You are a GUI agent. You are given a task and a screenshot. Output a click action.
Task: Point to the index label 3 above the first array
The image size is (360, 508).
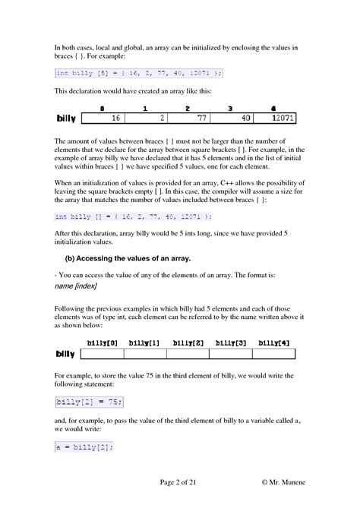click(x=230, y=109)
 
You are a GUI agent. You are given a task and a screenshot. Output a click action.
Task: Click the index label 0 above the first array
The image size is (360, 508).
click(x=101, y=109)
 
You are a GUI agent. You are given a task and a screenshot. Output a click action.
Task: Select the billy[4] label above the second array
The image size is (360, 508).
click(x=274, y=343)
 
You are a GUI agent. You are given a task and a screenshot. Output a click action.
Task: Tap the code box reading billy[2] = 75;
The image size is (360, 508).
click(x=88, y=401)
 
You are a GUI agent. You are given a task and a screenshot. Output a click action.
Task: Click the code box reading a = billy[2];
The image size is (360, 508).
click(x=84, y=447)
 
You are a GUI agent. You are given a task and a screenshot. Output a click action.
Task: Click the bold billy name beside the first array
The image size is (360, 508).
click(x=68, y=119)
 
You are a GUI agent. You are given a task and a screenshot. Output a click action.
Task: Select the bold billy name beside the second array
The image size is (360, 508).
click(x=68, y=354)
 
